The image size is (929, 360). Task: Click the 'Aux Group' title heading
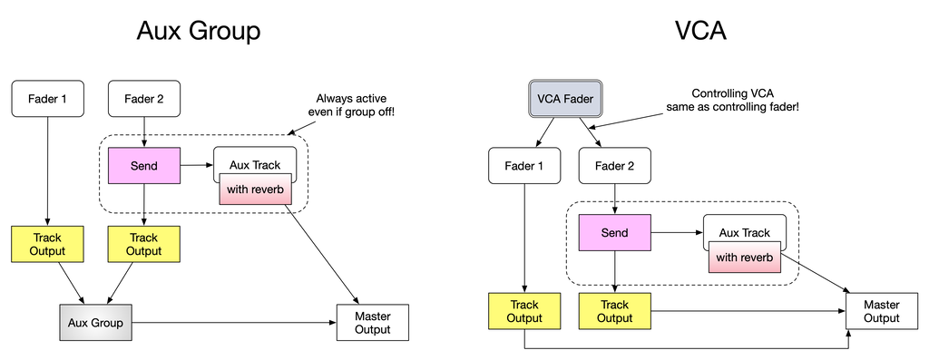[x=198, y=31]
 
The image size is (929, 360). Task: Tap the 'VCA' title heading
[x=699, y=31]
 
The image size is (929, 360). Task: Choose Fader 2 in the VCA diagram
[x=614, y=166]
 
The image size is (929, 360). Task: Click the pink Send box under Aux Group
[x=143, y=166]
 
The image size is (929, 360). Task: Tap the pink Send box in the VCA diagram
[x=614, y=233]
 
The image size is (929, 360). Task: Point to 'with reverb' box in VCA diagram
[x=744, y=257]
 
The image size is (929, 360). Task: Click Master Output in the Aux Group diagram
[x=373, y=323]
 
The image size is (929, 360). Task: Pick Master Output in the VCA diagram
[x=881, y=311]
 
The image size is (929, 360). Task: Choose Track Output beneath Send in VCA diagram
[x=614, y=311]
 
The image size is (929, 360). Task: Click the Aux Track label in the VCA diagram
[x=744, y=233]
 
